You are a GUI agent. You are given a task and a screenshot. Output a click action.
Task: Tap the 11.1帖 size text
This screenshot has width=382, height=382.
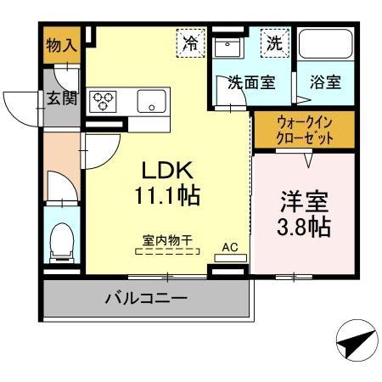(166, 197)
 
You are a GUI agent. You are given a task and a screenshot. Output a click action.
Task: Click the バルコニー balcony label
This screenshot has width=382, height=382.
(146, 299)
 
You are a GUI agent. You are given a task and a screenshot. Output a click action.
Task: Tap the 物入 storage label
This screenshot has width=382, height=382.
(58, 46)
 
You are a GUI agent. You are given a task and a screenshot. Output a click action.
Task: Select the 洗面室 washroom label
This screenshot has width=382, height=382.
(250, 83)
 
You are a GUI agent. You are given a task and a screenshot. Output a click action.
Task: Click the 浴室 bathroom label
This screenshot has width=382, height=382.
(325, 83)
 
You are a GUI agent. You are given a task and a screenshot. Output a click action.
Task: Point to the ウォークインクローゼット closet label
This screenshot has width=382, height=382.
(304, 129)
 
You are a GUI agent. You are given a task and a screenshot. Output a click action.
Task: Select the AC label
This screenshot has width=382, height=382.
(229, 248)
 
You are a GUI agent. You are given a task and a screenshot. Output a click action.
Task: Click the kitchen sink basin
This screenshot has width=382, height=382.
(153, 100)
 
